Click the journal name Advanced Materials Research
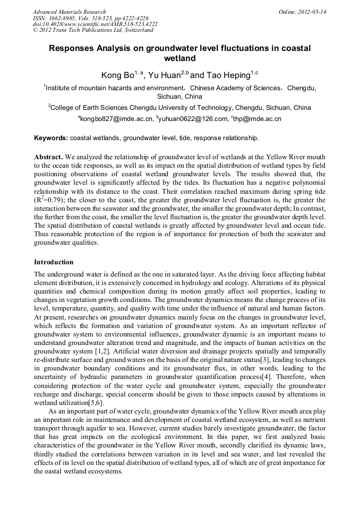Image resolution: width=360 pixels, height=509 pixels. (x=69, y=12)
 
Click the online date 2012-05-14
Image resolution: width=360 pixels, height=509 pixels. (x=313, y=12)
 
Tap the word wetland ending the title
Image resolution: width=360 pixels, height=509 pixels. (x=179, y=58)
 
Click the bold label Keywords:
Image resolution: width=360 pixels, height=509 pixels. (x=51, y=138)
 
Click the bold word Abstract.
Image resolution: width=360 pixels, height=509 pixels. (x=49, y=158)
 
